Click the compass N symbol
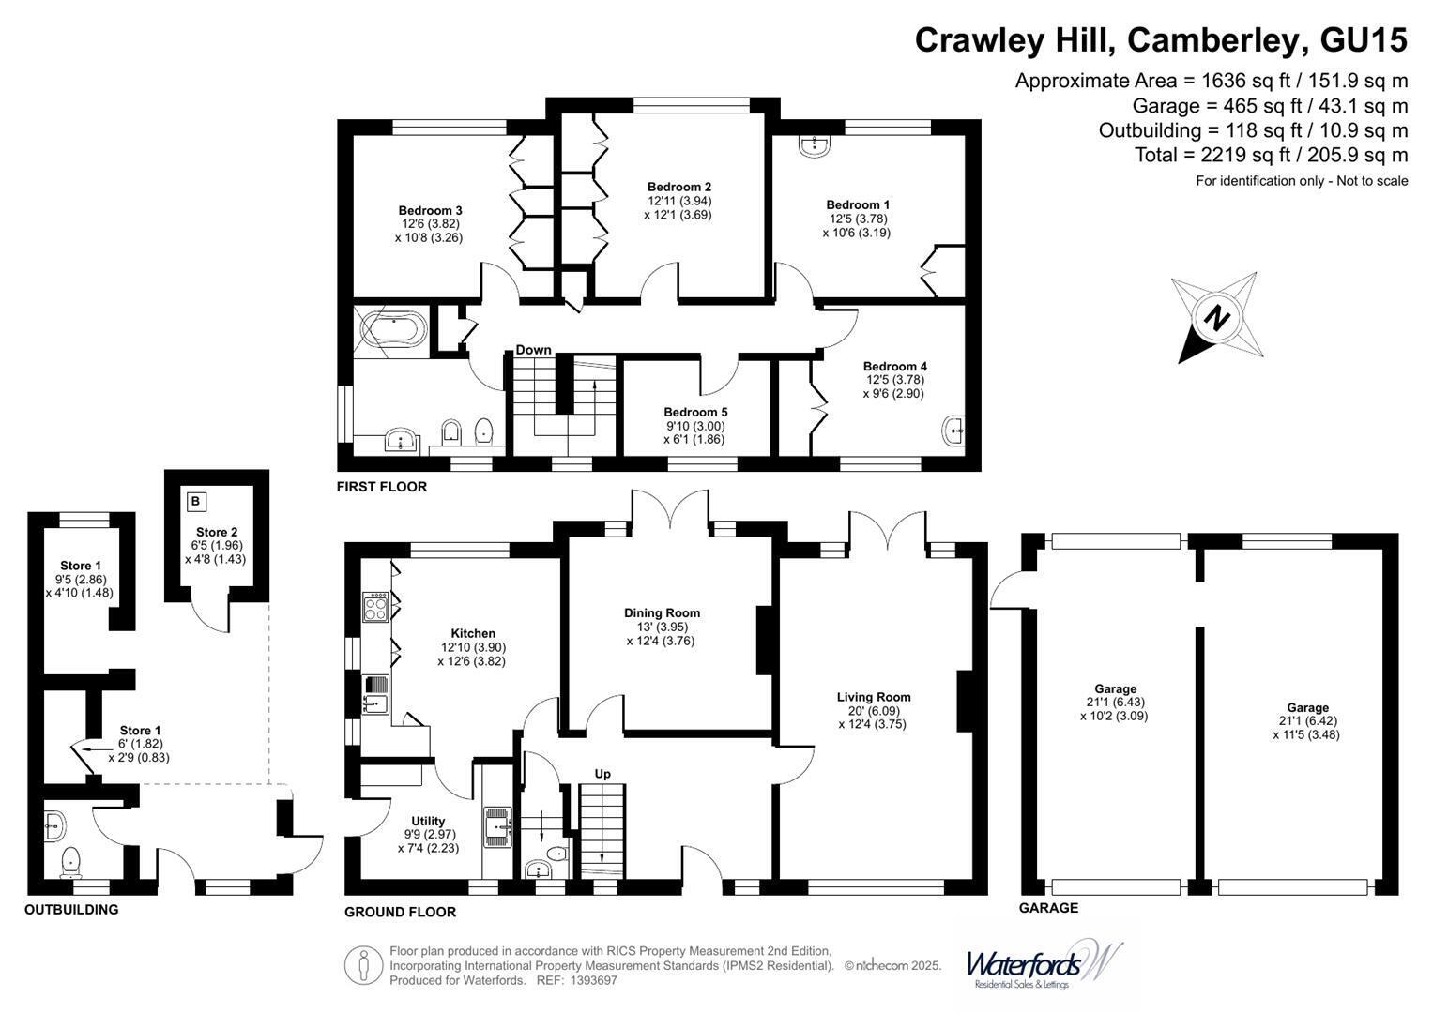click(x=1217, y=318)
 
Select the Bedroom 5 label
click(x=695, y=413)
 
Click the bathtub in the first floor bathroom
click(x=393, y=330)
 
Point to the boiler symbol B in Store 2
click(x=196, y=502)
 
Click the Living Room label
click(x=874, y=697)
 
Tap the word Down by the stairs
click(x=534, y=350)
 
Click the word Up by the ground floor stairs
click(x=602, y=774)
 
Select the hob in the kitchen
click(x=375, y=607)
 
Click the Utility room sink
click(x=498, y=826)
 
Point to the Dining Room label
click(x=663, y=612)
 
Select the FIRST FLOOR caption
click(x=382, y=487)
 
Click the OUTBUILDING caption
click(x=71, y=910)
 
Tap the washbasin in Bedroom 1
click(x=815, y=145)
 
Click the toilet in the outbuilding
click(x=70, y=863)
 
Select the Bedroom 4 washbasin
click(x=954, y=431)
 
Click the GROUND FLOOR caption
click(x=401, y=912)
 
